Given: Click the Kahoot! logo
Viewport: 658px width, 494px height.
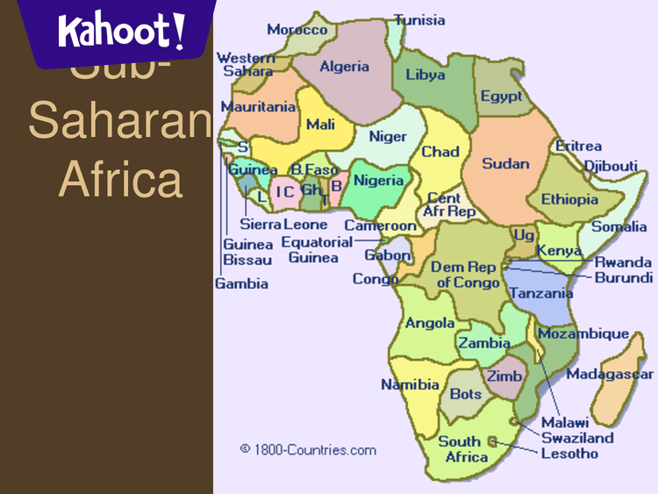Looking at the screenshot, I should click(122, 33).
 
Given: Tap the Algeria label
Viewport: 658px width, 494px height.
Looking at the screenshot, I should click(344, 67).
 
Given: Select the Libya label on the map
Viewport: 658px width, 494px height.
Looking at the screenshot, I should click(425, 75).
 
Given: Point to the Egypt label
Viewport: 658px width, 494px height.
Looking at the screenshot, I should click(501, 97).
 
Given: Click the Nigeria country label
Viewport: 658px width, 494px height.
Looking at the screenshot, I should click(378, 181).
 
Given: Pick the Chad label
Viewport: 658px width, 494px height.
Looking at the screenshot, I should click(440, 152).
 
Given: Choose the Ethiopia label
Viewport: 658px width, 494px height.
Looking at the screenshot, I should click(569, 199).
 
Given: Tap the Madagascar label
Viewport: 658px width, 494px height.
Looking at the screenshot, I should click(609, 375).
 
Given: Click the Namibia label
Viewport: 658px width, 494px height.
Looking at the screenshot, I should click(410, 384).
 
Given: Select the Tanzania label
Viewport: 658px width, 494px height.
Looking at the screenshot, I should click(540, 293).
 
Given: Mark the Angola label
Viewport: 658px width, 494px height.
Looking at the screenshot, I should click(430, 323).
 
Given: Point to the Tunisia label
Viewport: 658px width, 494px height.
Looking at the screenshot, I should click(419, 20).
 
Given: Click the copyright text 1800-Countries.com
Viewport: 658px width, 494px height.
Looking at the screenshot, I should click(308, 450).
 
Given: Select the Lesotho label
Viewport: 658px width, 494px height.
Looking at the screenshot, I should click(569, 454).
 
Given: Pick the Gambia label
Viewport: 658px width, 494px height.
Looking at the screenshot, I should click(241, 283).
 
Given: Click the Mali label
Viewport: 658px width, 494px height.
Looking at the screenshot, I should click(320, 125).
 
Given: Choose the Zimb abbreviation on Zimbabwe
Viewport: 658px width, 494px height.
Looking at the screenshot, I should click(504, 376).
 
